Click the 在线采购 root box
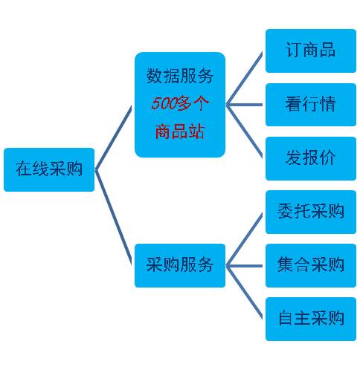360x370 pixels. (49, 169)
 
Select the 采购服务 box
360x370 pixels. (180, 265)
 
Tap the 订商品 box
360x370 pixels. (311, 51)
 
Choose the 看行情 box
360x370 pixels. (311, 105)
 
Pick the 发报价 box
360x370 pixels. (311, 158)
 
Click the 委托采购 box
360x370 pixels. (311, 212)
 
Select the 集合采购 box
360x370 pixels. (311, 265)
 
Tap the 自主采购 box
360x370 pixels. (311, 319)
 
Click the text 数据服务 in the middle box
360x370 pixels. (180, 76)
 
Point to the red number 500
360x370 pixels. (164, 103)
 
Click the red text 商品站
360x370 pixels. (180, 132)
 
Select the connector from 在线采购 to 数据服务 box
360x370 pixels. (113, 137)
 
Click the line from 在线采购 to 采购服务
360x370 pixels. (113, 217)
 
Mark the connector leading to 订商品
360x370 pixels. (244, 78)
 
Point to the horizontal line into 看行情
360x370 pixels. (244, 105)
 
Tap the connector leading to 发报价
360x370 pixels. (244, 132)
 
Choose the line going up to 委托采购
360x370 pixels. (244, 240)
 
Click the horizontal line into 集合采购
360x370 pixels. (244, 266)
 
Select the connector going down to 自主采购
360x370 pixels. (244, 293)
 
